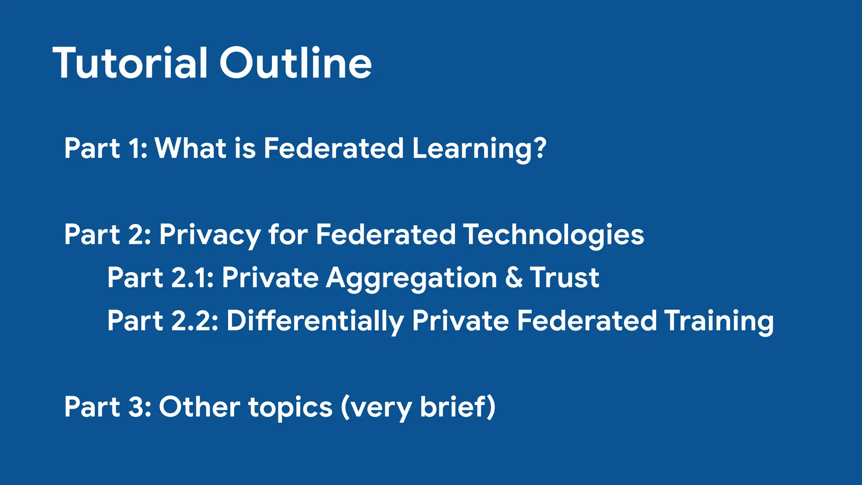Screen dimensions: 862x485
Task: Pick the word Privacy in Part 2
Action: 209,235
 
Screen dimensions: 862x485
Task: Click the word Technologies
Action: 553,235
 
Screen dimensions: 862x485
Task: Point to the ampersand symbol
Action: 513,278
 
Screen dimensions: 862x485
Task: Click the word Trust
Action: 564,278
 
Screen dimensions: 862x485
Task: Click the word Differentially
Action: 315,322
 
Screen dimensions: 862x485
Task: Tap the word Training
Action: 718,322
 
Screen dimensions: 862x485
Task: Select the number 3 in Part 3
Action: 137,407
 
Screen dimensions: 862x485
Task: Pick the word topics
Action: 290,408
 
